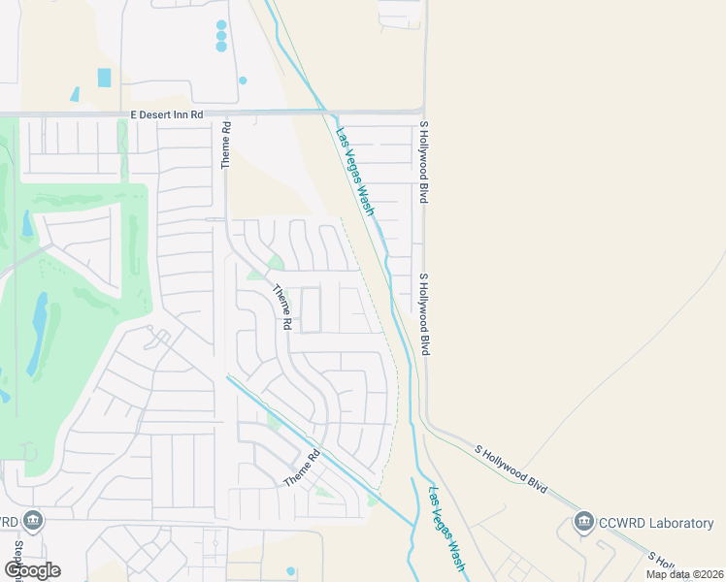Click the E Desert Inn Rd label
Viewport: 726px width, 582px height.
167,114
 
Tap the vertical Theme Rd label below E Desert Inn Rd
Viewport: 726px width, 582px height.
225,145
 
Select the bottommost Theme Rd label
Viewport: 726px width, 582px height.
302,469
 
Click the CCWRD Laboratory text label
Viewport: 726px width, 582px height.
657,524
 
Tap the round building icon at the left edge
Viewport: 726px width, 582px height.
34,521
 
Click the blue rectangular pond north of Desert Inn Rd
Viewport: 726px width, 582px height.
104,78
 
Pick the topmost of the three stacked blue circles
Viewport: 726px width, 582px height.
221,25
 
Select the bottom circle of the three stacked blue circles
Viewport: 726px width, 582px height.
221,47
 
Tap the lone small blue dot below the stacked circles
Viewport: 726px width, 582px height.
243,81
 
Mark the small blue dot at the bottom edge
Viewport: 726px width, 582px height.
290,571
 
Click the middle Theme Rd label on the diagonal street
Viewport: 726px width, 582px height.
282,307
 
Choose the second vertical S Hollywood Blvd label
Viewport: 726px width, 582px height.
423,313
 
